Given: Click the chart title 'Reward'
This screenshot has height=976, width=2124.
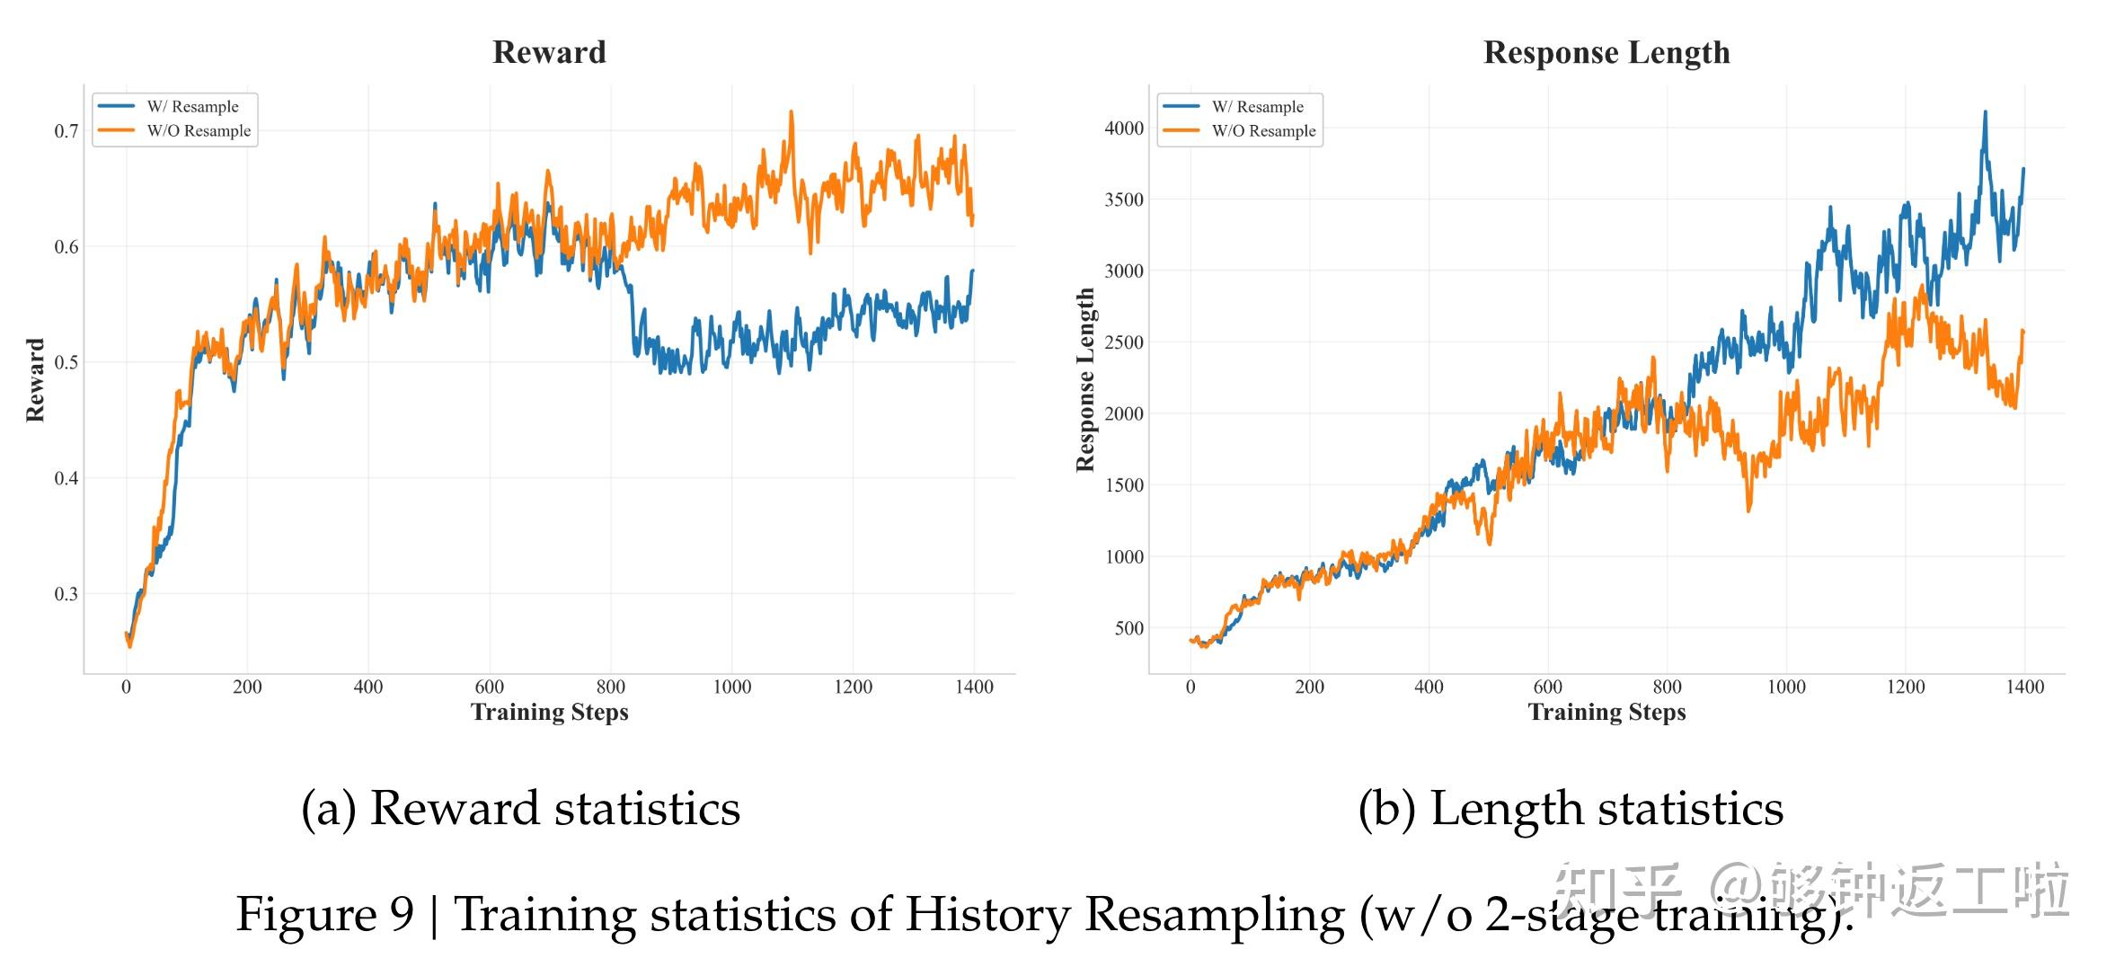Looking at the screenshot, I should point(549,52).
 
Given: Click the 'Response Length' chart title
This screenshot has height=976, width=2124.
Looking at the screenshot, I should point(1606,52).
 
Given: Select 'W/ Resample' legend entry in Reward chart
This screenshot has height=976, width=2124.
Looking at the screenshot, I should point(192,107).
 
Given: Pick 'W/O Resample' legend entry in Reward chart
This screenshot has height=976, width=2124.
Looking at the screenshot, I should point(199,131).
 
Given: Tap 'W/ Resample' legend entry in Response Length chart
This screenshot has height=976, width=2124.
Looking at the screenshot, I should point(1257,107).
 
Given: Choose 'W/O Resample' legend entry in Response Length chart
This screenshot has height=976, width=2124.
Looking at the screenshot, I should point(1263,131).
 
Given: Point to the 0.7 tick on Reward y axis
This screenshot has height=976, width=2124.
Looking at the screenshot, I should point(66,131).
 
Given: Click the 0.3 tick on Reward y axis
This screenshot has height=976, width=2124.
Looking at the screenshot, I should point(66,594).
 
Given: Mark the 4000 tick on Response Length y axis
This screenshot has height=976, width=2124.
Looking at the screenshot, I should point(1123,129).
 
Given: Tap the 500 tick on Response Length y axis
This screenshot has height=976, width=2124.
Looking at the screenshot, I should point(1128,628).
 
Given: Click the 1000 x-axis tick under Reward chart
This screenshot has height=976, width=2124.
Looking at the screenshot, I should point(731,688).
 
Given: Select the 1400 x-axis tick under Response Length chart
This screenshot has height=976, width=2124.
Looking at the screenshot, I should point(2024,688).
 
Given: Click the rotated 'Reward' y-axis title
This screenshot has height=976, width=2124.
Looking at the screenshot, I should point(35,380).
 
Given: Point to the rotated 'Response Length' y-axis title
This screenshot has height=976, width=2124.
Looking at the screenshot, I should point(1085,380).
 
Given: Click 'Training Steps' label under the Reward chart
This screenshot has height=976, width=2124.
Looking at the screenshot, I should point(549,713).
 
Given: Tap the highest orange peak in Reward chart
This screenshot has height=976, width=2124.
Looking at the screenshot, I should point(792,112).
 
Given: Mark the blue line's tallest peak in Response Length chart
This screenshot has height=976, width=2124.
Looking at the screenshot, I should point(1985,113).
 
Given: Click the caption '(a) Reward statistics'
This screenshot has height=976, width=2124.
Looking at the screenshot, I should point(520,808).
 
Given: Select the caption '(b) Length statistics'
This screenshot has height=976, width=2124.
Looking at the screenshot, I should point(1571,808).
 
